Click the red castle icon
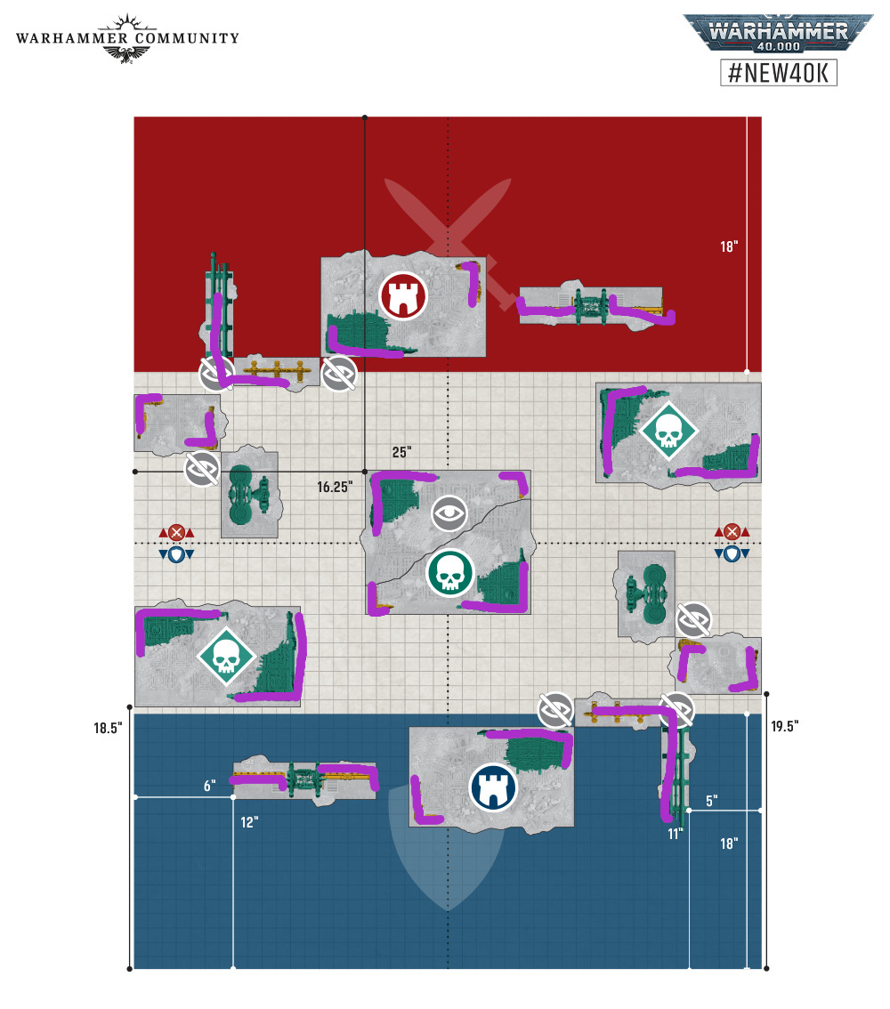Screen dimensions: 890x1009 point(403,296)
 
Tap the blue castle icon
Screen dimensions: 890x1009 point(494,787)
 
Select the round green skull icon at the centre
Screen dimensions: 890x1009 point(449,573)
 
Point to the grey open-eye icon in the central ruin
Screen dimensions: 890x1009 point(449,513)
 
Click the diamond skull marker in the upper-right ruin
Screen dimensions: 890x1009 point(668,432)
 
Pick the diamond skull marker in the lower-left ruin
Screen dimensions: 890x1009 point(227,657)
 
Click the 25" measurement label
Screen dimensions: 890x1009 point(401,452)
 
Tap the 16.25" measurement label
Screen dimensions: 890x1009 point(335,487)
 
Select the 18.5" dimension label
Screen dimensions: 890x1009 point(108,728)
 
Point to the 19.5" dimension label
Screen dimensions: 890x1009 point(785,726)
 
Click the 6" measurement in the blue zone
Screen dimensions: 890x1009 point(209,786)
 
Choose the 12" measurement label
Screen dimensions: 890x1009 point(249,822)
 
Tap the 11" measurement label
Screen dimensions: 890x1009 point(675,834)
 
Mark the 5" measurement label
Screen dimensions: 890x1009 point(711,801)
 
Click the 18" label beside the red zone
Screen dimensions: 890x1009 point(729,246)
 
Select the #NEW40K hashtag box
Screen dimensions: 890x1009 point(779,72)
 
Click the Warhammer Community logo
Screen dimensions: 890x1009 point(127,38)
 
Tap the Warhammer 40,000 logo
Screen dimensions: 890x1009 point(778,33)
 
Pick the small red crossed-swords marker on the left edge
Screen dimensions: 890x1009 point(176,532)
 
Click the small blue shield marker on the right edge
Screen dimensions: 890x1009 point(732,554)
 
